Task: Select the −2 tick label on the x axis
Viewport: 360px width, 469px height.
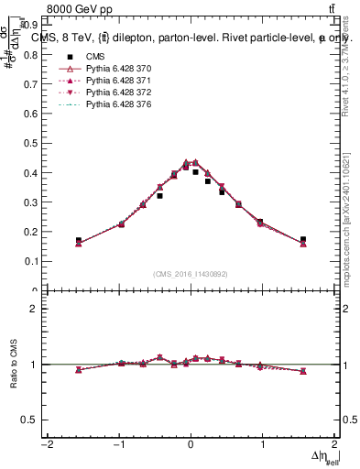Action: [45, 445]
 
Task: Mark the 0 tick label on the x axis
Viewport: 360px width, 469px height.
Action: [191, 445]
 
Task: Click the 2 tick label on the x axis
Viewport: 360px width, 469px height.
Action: [335, 445]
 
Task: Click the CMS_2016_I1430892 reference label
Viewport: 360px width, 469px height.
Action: [190, 274]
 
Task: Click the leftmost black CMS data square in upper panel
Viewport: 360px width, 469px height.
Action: [79, 240]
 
